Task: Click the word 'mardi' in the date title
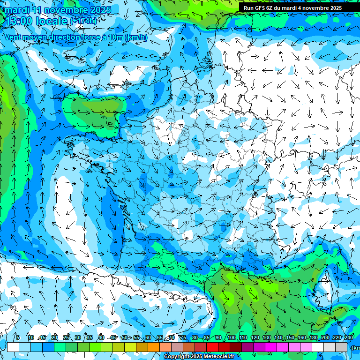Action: (x=17, y=10)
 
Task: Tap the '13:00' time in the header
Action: (x=19, y=21)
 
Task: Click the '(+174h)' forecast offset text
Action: (x=83, y=21)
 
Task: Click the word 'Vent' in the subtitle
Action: (x=14, y=37)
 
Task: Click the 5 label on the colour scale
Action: (x=18, y=338)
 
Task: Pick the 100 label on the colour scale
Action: (x=232, y=338)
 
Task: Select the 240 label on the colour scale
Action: (x=348, y=338)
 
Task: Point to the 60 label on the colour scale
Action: (x=148, y=338)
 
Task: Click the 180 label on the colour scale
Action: (x=313, y=338)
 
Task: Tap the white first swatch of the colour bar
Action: (x=13, y=347)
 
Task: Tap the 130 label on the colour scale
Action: (x=267, y=338)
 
